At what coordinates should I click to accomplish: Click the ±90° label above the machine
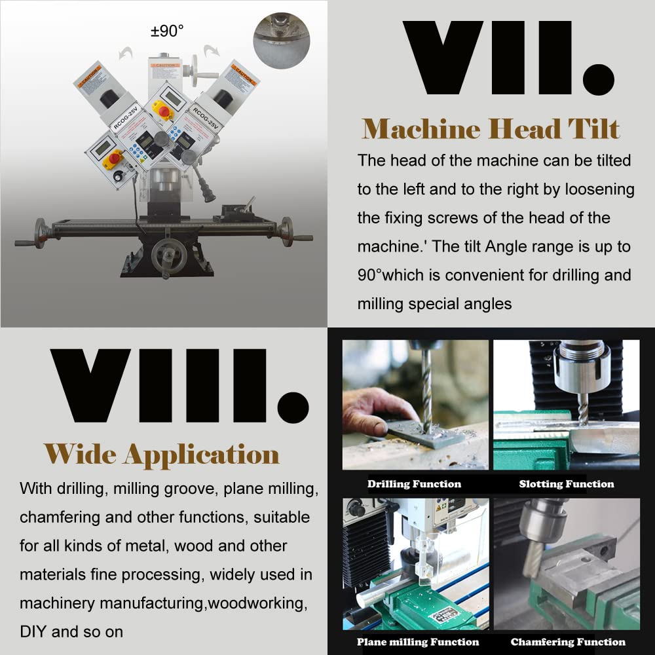[x=168, y=30]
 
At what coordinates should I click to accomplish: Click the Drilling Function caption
[x=414, y=484]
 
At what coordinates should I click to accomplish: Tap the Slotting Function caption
[x=567, y=484]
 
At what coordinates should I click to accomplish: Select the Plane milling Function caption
[x=418, y=642]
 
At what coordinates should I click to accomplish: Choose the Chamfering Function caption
[x=568, y=642]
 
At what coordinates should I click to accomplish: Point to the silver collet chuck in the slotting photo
[x=582, y=371]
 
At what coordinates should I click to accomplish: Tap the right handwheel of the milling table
[x=287, y=231]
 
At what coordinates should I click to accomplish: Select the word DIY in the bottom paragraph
[x=33, y=631]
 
